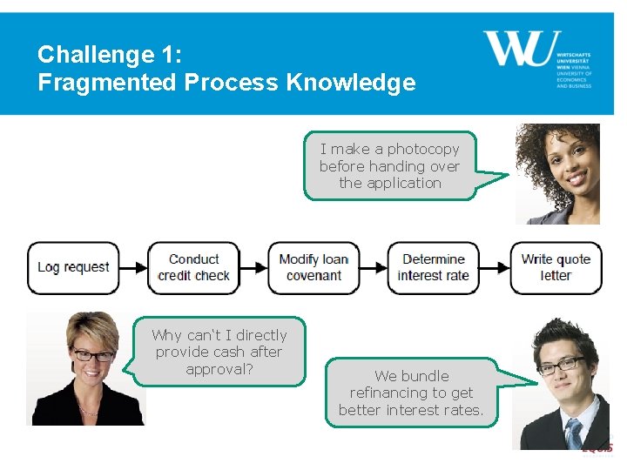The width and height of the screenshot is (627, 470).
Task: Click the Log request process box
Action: tap(73, 267)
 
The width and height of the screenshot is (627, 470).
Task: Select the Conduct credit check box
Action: tap(193, 267)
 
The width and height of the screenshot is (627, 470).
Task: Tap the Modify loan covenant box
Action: tap(313, 267)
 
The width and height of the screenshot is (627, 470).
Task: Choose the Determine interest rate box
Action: tap(433, 267)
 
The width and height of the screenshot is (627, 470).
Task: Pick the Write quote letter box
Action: tap(556, 267)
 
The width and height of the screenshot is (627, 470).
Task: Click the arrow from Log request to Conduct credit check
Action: tap(133, 267)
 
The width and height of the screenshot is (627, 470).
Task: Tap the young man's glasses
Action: tap(560, 364)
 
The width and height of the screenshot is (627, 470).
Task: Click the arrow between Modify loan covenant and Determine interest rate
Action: tap(374, 267)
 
